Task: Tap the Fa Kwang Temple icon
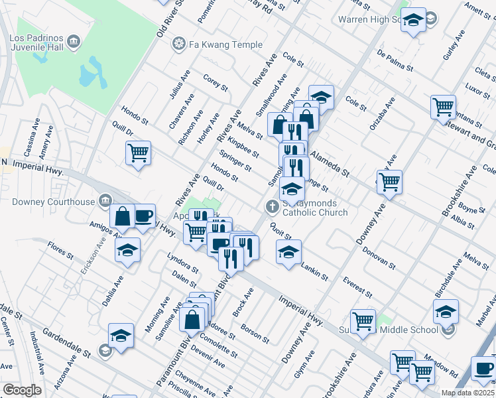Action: pyautogui.click(x=178, y=44)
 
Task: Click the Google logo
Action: pyautogui.click(x=22, y=390)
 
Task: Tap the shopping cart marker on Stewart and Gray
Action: pyautogui.click(x=443, y=106)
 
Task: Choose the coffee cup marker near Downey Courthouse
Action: pyautogui.click(x=144, y=215)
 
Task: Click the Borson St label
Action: pyautogui.click(x=255, y=334)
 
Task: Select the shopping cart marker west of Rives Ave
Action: pyautogui.click(x=138, y=153)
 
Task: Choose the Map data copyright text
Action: pyautogui.click(x=467, y=393)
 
